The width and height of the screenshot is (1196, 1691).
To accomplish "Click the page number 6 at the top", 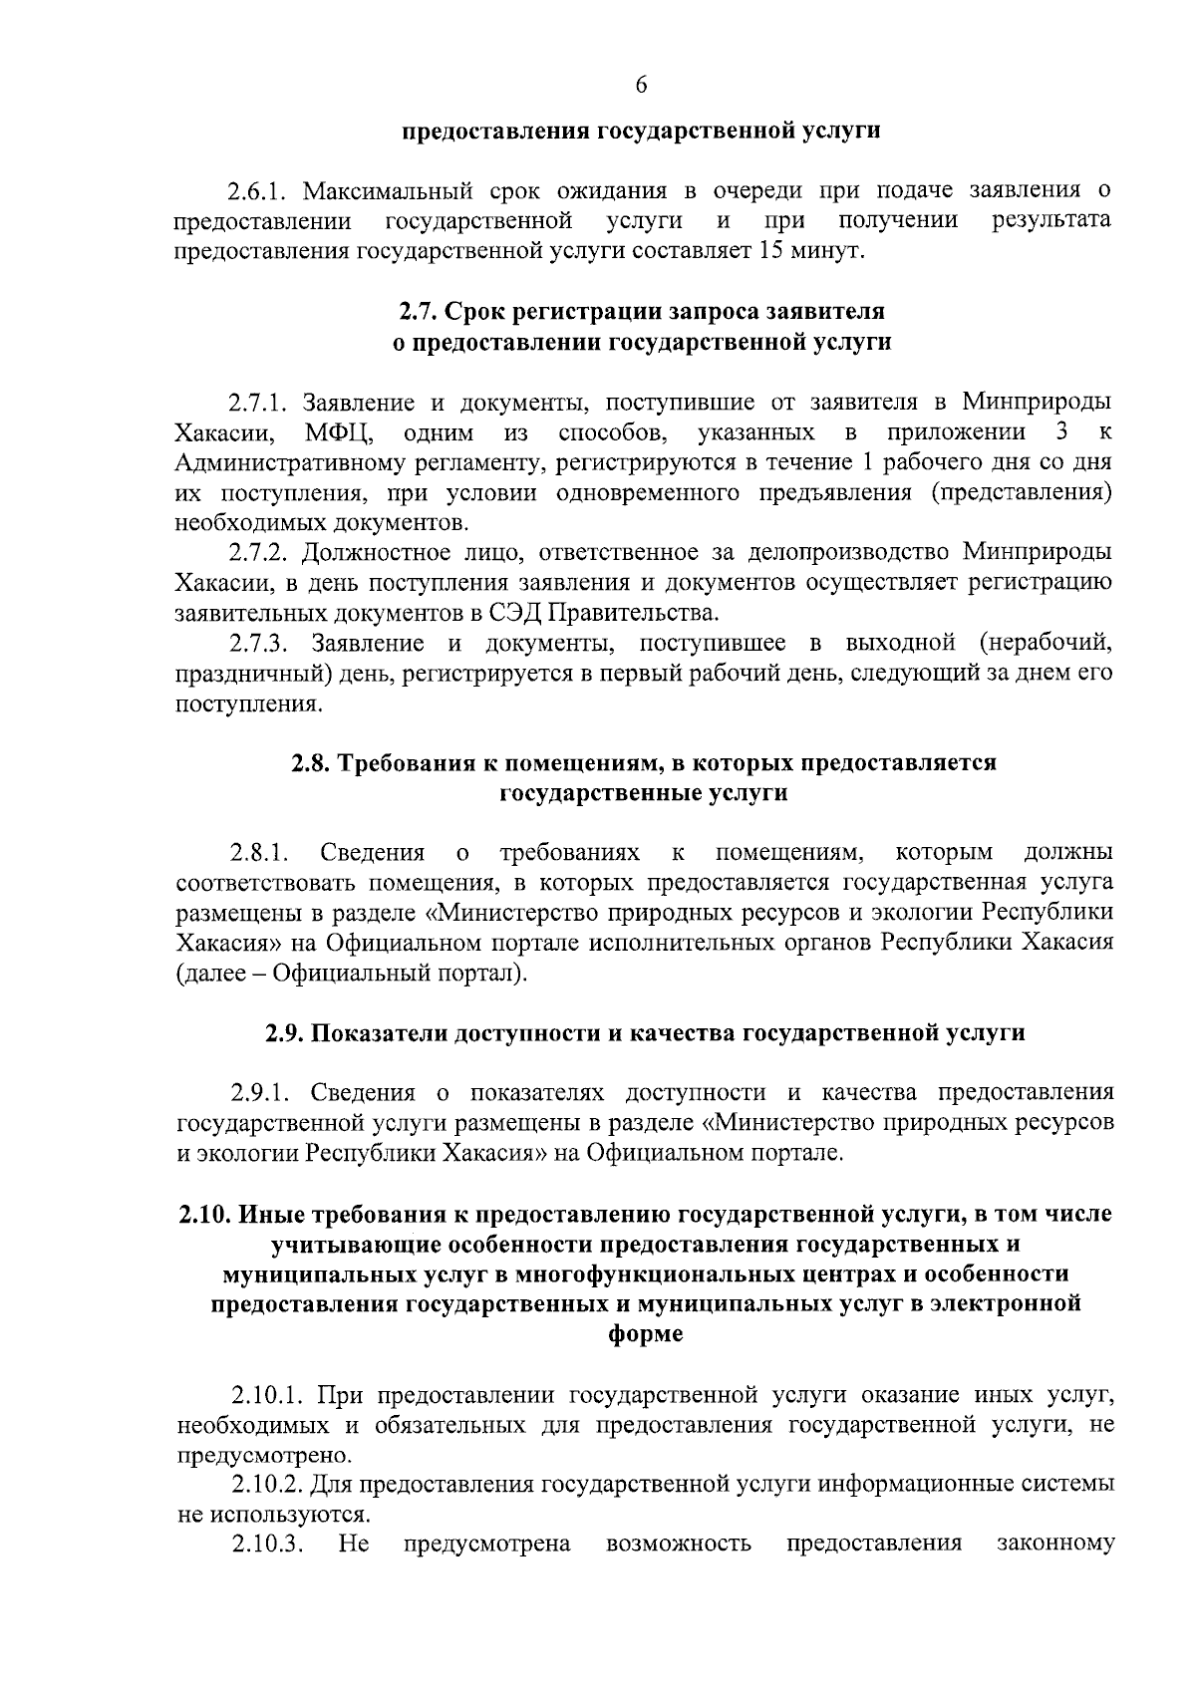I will point(641,86).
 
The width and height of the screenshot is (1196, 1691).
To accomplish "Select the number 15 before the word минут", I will point(771,249).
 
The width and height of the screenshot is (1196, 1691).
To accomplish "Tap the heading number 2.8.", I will point(311,763).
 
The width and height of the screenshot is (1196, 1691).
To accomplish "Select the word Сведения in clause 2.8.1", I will point(373,853).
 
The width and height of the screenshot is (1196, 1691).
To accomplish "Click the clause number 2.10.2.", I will point(266,1485).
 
